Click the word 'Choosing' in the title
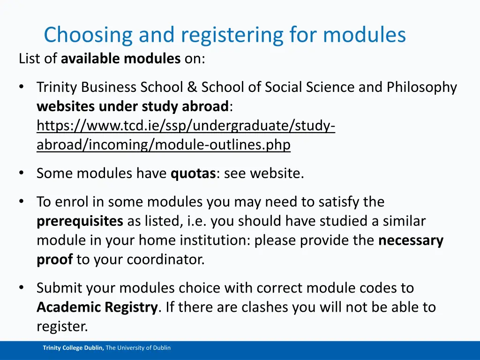79,35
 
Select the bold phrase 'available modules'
120,59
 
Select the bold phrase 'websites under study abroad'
133,106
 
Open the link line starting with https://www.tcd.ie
186,126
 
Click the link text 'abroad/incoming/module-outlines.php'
164,145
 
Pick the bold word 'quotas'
193,173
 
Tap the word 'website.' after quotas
277,173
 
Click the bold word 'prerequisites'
80,221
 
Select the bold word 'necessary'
411,240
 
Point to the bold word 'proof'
54,259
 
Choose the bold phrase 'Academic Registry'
97,307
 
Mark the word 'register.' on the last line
62,326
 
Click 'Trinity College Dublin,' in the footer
73,348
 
